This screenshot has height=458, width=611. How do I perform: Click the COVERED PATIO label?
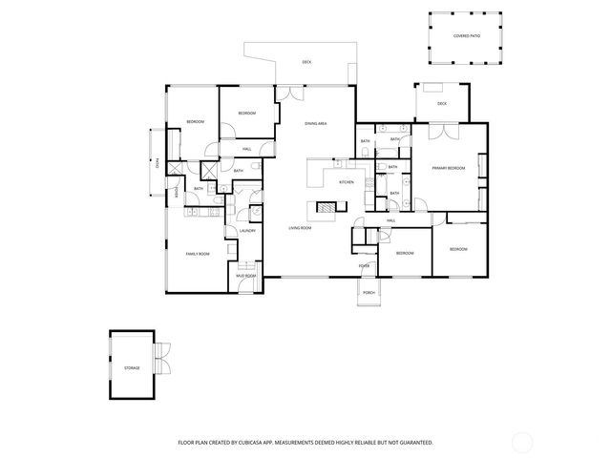[x=466, y=36]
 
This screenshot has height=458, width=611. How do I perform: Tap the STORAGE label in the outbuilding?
[x=132, y=366]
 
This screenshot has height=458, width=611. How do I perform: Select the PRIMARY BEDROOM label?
[x=448, y=168]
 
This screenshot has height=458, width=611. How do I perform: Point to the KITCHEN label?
[x=347, y=182]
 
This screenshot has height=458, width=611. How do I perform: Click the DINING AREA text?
[x=316, y=124]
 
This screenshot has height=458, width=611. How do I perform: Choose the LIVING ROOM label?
[x=301, y=228]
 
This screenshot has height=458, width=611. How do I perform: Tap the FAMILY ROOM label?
[x=198, y=253]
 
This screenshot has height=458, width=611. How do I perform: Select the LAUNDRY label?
[x=245, y=230]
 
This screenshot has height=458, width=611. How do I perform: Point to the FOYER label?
[x=364, y=265]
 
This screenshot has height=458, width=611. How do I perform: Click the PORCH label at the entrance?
[x=369, y=293]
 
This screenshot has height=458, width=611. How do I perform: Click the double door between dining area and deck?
[x=287, y=92]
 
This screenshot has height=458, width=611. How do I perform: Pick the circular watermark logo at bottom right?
[x=522, y=442]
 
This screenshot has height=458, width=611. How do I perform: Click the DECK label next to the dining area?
[x=306, y=62]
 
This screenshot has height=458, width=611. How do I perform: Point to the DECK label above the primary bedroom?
[x=442, y=103]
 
